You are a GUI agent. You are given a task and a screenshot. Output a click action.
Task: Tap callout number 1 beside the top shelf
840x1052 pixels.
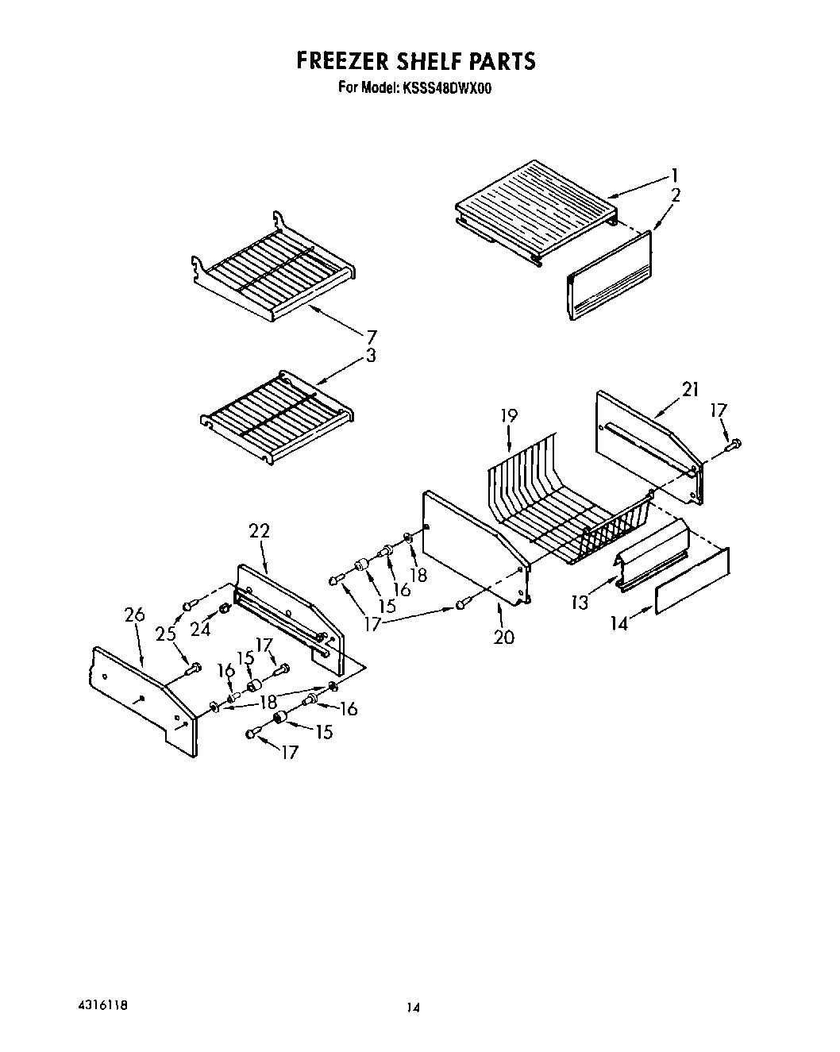(674, 175)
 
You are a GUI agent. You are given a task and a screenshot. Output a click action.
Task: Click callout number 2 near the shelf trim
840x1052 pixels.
(675, 195)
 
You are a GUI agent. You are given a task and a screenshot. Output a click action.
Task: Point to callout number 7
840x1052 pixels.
(371, 336)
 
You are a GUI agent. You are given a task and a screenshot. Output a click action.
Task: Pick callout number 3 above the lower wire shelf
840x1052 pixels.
(370, 356)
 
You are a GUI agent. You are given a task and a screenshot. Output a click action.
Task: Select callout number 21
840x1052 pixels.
(690, 388)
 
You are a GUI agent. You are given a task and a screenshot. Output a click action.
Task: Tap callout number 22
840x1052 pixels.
(260, 531)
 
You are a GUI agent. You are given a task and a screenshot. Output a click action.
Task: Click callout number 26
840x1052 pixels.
(135, 615)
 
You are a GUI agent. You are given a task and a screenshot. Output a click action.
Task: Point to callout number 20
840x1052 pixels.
(503, 636)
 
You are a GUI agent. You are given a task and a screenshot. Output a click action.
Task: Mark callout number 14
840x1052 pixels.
(619, 624)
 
